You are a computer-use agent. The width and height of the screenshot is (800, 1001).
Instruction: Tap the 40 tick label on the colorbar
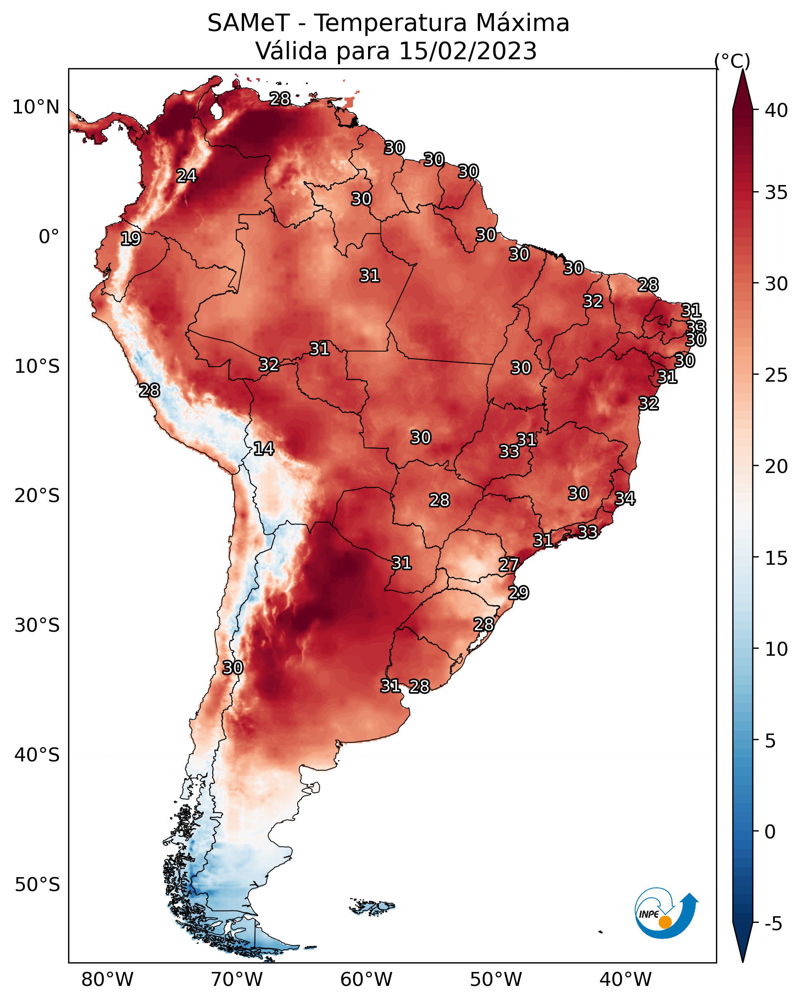[776, 110]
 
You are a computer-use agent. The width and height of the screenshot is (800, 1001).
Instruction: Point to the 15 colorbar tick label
[776, 558]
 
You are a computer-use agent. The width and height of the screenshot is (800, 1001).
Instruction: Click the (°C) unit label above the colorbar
[732, 61]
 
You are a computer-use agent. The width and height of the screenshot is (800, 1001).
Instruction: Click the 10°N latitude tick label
[36, 107]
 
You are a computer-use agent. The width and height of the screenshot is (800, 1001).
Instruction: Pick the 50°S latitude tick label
[37, 885]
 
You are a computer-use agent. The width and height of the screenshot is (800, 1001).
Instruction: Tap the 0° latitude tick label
[49, 237]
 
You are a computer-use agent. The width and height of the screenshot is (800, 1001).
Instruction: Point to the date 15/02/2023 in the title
[468, 51]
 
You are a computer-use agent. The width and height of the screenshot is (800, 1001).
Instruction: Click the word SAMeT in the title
[249, 23]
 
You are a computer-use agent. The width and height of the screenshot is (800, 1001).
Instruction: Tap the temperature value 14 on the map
[264, 449]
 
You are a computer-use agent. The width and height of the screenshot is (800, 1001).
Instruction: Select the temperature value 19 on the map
[130, 239]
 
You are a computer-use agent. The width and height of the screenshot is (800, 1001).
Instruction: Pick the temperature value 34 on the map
[625, 498]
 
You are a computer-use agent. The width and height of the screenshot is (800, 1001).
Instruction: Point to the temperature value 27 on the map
[509, 565]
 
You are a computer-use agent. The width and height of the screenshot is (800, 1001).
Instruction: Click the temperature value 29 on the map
[518, 593]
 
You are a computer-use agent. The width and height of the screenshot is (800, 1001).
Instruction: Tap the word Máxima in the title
[523, 23]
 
